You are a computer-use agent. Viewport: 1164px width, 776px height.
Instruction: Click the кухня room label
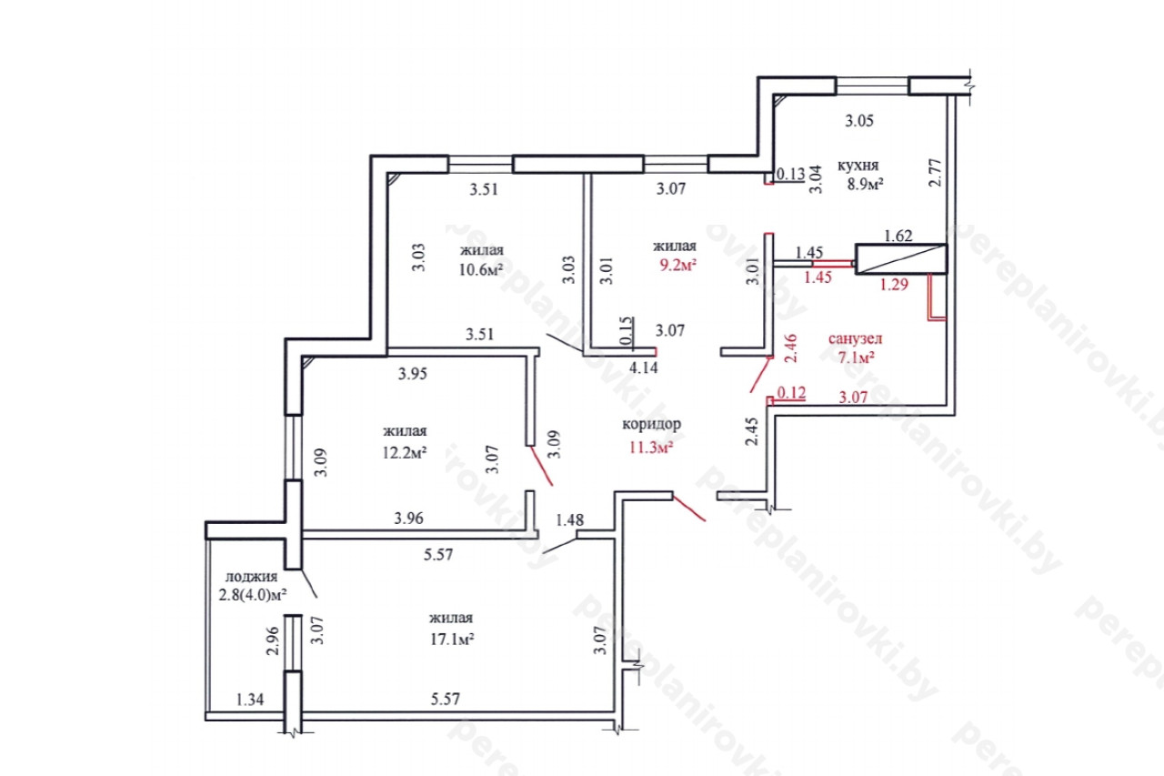coord(858,166)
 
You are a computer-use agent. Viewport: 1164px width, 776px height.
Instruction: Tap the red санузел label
coord(855,338)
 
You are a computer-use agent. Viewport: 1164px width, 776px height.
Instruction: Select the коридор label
coord(652,424)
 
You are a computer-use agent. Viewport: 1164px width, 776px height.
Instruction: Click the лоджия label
coord(252,577)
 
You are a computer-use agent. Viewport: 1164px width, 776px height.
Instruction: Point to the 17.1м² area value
coord(452,639)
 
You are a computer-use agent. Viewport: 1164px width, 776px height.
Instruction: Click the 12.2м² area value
coord(405,452)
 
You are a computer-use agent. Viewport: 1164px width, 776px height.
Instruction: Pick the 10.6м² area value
coord(481,270)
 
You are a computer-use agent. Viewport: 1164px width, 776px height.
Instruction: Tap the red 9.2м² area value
coord(677,265)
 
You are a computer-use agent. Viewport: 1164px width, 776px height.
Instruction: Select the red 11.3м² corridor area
coord(651,447)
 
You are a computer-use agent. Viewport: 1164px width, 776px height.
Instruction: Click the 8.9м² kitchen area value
coord(866,184)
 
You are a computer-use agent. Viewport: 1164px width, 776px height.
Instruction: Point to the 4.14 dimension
coord(643,368)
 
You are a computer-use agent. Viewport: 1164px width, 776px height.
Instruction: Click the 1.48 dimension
coord(569,519)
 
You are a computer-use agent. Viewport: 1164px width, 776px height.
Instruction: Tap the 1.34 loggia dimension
coord(250,700)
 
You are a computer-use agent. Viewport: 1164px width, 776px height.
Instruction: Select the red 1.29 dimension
coord(894,285)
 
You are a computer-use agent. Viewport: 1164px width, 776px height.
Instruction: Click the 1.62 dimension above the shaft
coord(898,236)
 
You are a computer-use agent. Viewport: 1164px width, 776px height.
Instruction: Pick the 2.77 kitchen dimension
coord(935,173)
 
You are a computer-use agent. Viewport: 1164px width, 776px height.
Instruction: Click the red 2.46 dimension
coord(790,348)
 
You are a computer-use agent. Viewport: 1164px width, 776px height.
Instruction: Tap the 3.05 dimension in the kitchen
coord(859,121)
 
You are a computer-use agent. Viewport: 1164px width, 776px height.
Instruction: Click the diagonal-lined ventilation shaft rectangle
coord(901,259)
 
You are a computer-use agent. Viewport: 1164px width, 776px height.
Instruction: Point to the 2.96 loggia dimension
coord(273,640)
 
